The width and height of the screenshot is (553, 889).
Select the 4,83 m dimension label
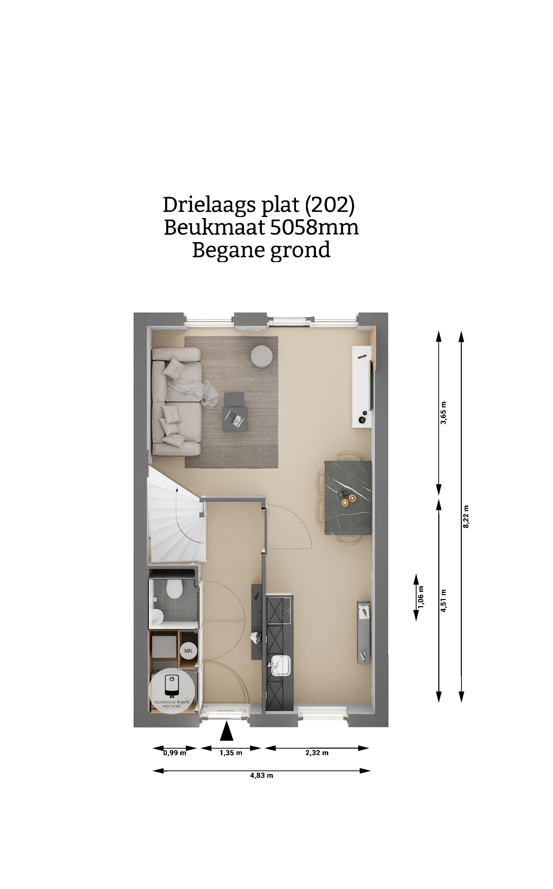261,775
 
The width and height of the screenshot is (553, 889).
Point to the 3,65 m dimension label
444,413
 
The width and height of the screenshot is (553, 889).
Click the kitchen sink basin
281,665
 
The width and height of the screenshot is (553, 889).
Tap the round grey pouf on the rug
261,355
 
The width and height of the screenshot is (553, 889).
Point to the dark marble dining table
348,498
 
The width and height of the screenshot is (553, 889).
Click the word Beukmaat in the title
214,228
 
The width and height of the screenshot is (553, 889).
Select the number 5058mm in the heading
314,228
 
